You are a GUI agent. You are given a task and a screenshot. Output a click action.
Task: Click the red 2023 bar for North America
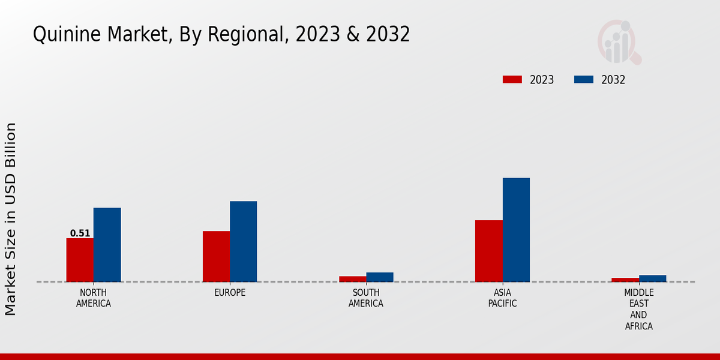pyautogui.click(x=80, y=260)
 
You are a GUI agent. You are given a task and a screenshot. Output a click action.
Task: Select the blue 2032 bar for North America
pyautogui.click(x=107, y=245)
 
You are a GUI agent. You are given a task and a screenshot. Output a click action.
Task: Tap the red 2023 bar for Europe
pyautogui.click(x=216, y=256)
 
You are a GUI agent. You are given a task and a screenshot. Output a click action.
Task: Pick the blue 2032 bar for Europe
pyautogui.click(x=243, y=241)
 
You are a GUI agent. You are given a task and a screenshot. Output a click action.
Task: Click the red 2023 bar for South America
pyautogui.click(x=352, y=279)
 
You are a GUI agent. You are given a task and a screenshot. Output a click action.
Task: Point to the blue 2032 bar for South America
pyautogui.click(x=380, y=277)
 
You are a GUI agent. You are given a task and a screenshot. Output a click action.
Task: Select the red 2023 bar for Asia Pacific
pyautogui.click(x=488, y=251)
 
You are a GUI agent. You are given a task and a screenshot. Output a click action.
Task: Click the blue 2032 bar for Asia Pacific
pyautogui.click(x=516, y=230)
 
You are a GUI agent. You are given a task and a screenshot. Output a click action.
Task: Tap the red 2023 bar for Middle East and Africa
pyautogui.click(x=625, y=280)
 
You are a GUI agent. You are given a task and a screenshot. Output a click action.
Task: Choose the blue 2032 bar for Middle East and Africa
pyautogui.click(x=652, y=278)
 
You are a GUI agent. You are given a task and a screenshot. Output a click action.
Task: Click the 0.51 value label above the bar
pyautogui.click(x=80, y=233)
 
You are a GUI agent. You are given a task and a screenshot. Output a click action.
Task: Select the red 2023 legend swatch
pyautogui.click(x=512, y=80)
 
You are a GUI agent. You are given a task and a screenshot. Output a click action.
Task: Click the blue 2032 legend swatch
pyautogui.click(x=583, y=80)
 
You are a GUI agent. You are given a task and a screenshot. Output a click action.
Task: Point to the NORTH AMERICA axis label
pyautogui.click(x=94, y=298)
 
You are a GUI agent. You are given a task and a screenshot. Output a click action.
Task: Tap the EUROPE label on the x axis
pyautogui.click(x=230, y=293)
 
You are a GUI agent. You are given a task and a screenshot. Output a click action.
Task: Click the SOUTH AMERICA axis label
pyautogui.click(x=366, y=298)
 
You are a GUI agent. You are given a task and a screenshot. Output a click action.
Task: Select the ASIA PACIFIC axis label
pyautogui.click(x=503, y=298)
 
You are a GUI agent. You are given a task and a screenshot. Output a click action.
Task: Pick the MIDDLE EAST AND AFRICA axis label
pyautogui.click(x=638, y=310)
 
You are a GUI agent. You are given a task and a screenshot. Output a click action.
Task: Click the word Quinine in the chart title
pyautogui.click(x=67, y=35)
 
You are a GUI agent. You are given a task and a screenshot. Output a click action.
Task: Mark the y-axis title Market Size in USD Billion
pyautogui.click(x=11, y=219)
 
